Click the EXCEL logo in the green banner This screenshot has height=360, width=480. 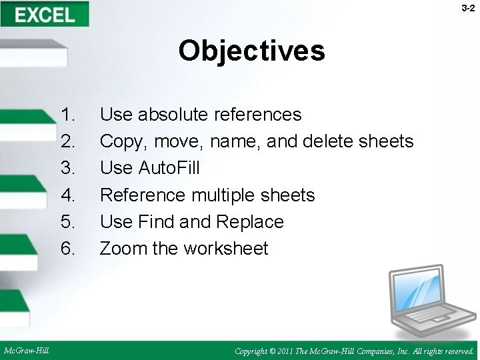point(45,14)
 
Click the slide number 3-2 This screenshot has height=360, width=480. point(467,8)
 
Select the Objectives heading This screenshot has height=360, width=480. point(251,51)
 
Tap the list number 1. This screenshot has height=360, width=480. point(68,115)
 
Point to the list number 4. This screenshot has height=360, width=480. point(68,195)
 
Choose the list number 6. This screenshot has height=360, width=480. point(68,248)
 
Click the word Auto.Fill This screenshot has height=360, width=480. point(169,168)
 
